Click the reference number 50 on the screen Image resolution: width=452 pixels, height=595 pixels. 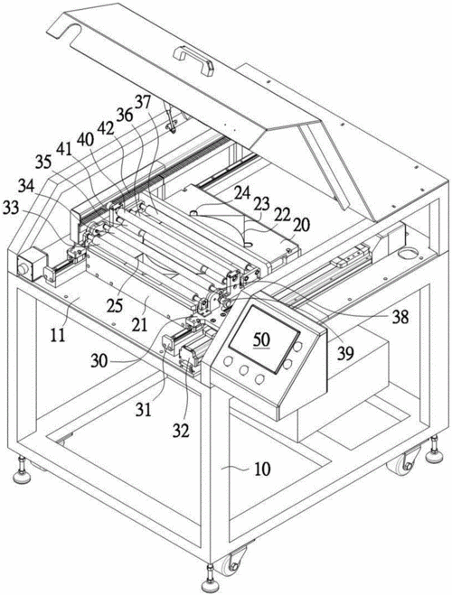pos(262,339)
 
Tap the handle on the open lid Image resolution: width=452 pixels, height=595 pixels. pos(193,60)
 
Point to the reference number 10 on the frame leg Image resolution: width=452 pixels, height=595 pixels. pos(262,469)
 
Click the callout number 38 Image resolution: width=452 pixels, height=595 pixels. pos(400,316)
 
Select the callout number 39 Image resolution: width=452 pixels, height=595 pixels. pos(345,353)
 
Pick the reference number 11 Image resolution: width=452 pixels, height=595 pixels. pos(58,336)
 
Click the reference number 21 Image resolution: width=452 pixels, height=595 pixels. pos(140,325)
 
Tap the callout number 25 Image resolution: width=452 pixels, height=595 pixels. pos(115,306)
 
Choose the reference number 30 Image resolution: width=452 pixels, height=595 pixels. pos(99,360)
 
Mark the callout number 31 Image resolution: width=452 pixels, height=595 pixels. pos(144,410)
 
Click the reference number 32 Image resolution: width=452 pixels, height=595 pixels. pos(181,431)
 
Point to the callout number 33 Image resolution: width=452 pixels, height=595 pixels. pos(11,208)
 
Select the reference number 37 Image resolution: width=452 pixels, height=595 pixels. pos(143,102)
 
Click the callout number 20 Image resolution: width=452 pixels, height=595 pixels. pos(301,225)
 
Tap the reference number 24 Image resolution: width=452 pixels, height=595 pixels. pos(242,193)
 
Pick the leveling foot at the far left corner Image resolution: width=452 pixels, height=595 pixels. pos(22,471)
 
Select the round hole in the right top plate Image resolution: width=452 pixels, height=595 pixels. pos(408,252)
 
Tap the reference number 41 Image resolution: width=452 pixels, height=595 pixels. pos(64,149)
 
